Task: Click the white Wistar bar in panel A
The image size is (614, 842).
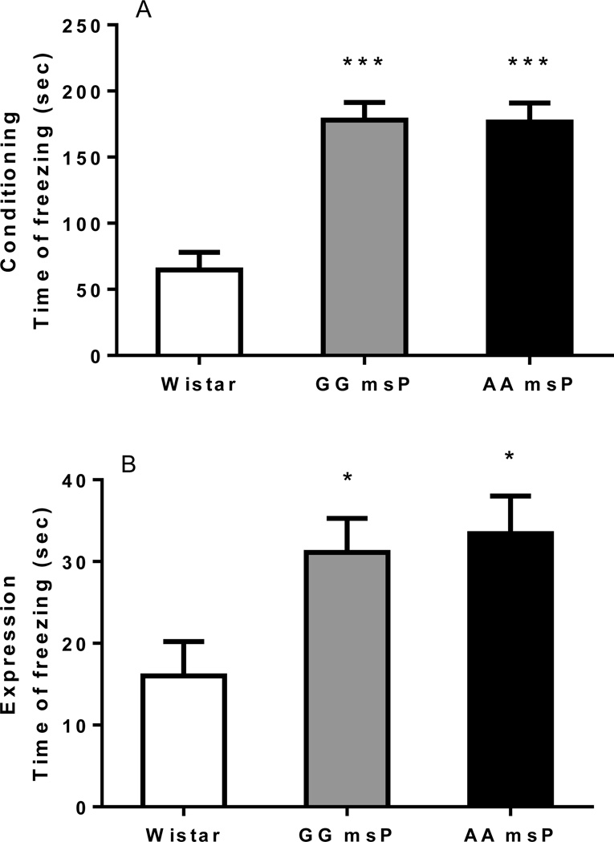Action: pos(199,312)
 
